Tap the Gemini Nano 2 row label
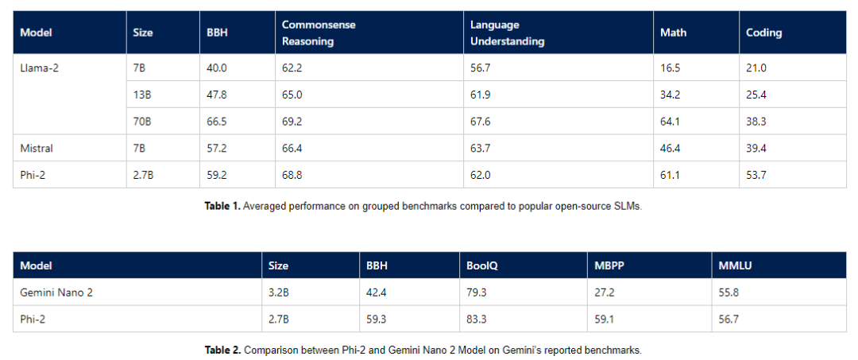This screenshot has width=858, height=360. point(56,292)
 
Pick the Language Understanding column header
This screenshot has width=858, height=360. point(507,33)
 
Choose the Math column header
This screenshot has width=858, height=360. point(673,33)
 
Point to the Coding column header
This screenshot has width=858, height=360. point(764,33)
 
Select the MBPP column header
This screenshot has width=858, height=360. point(608,266)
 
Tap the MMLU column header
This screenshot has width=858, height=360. point(734,266)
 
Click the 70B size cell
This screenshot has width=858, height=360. point(141,122)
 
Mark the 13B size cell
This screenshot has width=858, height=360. point(141,95)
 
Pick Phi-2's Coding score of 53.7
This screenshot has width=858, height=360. point(756,175)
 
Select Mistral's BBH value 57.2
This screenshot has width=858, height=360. point(215,149)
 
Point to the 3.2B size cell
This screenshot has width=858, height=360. point(279,292)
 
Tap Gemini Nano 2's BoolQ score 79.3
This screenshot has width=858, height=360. point(477,292)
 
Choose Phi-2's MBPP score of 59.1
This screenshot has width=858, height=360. point(604,319)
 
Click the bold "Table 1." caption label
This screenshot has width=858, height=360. point(222,207)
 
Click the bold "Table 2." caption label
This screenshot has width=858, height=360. point(222,350)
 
